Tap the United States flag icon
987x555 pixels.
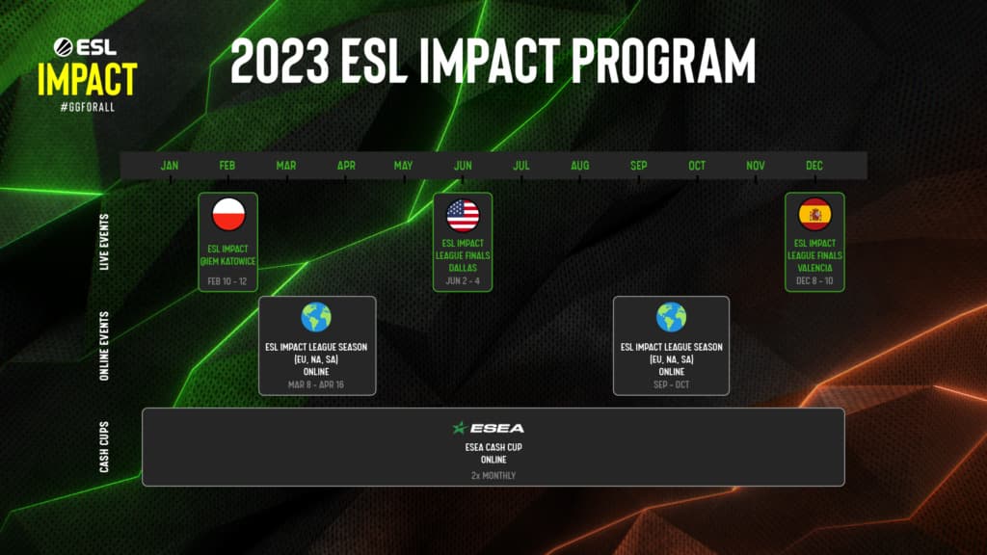(463, 215)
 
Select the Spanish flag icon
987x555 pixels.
(814, 212)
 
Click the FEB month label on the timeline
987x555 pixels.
(227, 166)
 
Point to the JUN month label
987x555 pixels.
(463, 166)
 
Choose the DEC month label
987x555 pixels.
(814, 166)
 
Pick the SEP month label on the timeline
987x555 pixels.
(638, 166)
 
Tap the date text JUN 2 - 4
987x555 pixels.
(463, 280)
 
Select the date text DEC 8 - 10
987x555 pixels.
(814, 280)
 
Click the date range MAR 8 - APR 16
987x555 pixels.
(316, 384)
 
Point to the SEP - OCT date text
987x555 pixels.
(671, 384)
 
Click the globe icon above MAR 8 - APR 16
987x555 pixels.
(316, 317)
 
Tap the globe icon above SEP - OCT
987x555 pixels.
(671, 317)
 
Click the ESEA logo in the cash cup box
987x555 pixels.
(489, 428)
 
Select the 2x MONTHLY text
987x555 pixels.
(493, 475)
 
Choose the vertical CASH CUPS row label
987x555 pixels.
(104, 448)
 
